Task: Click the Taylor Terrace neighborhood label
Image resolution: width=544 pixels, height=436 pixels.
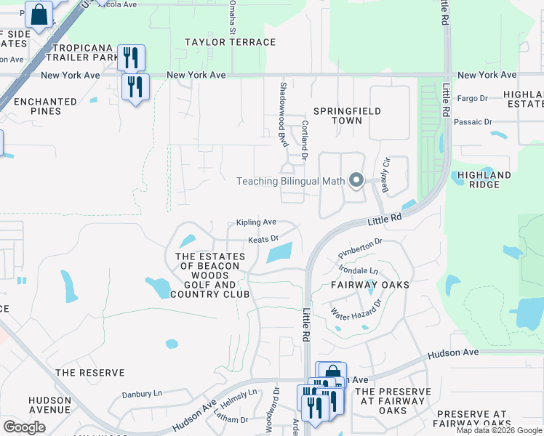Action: point(230,42)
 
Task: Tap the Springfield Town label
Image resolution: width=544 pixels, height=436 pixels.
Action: point(347,116)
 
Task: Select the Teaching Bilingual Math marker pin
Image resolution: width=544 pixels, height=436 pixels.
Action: point(356,180)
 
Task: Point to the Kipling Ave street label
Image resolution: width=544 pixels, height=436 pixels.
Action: point(256,222)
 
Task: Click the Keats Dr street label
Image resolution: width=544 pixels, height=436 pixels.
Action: point(263,238)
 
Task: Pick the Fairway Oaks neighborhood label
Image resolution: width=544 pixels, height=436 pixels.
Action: point(370,285)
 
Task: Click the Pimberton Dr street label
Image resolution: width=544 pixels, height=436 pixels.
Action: point(360,248)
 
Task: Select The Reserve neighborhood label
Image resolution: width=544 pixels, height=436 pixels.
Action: point(90,373)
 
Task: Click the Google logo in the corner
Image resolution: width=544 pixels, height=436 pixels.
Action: point(25,427)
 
